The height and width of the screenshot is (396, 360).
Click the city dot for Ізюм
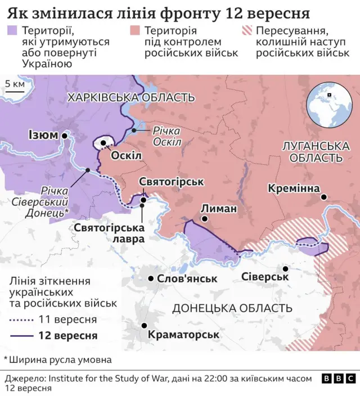(x=65, y=136)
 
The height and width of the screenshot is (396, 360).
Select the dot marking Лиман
(x=205, y=219)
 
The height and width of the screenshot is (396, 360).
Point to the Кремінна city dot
(x=324, y=197)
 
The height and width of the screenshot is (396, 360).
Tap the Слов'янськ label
(x=187, y=278)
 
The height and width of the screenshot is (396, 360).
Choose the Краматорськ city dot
(x=145, y=326)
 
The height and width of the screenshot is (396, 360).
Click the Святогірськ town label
(x=171, y=182)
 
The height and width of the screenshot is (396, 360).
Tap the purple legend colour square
(x=11, y=30)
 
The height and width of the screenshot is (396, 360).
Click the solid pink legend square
(x=134, y=30)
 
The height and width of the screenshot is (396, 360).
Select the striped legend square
(x=246, y=30)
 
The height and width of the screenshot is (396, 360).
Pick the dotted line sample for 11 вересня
(x=21, y=320)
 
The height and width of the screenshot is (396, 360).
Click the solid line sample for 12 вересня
(x=21, y=336)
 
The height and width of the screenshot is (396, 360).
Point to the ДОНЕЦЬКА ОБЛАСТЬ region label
(x=232, y=308)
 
